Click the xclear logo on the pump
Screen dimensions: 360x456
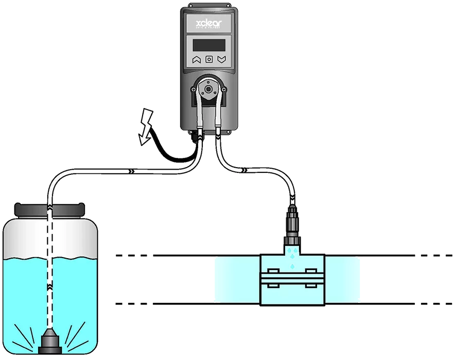coord(208,24)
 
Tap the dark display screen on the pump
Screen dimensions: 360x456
coord(209,44)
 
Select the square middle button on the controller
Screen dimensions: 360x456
coord(209,59)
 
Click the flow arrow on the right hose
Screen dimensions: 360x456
coord(243,169)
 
